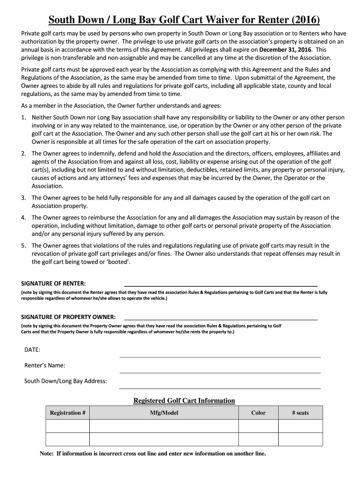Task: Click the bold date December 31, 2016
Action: (285, 50)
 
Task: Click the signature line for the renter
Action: (220, 284)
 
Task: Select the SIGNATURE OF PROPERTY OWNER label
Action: (69, 317)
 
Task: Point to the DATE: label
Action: (32, 349)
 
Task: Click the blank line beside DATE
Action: (220, 356)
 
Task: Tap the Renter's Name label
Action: (44, 365)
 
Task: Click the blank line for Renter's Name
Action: (220, 372)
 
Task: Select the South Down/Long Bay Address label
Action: (65, 381)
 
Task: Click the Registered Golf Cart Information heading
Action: (184, 400)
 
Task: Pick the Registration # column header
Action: (68, 413)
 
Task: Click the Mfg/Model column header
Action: (164, 413)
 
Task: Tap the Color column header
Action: (259, 413)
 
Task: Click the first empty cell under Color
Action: (259, 426)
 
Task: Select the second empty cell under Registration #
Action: (68, 439)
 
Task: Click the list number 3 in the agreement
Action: (23, 198)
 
